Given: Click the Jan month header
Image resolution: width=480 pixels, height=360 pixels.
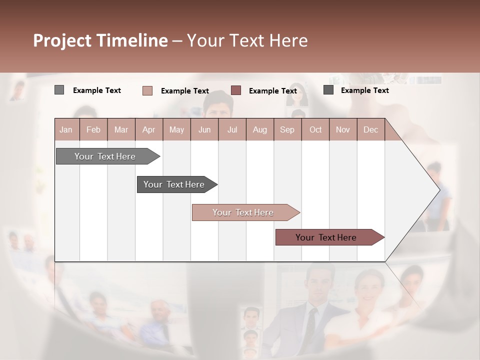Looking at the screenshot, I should [66, 130].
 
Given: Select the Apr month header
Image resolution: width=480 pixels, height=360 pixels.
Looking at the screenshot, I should [148, 130].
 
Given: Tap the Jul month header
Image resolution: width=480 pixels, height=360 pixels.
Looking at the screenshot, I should [232, 130].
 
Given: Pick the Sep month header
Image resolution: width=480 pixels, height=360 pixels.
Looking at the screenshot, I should [287, 130].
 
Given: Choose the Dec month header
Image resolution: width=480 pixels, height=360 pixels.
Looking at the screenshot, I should [370, 130].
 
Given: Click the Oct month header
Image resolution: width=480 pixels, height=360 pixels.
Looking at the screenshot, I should [315, 130].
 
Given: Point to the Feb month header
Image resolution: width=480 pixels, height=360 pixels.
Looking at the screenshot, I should [93, 130].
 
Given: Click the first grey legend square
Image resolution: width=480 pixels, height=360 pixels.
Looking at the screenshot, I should [59, 90].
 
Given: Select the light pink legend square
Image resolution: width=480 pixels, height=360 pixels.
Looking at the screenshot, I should [147, 90].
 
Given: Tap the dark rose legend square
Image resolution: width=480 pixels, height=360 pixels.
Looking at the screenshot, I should [236, 90].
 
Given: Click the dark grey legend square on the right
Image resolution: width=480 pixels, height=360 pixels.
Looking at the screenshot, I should [328, 90].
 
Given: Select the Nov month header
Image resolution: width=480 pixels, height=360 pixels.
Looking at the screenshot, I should [342, 130].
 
